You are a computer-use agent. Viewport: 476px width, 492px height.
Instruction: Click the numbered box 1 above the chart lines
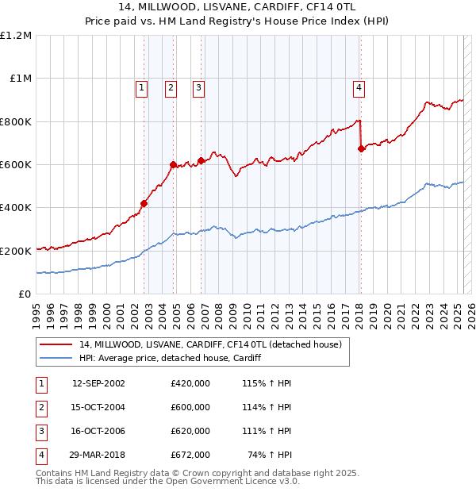[x=141, y=88]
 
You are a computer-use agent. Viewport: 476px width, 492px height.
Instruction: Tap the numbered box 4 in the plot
[x=359, y=88]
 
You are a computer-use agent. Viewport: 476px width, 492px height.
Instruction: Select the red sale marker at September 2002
[x=144, y=203]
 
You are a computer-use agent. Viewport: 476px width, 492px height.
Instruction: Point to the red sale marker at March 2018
[x=361, y=148]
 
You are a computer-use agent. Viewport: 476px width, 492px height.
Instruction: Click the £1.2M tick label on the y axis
[x=16, y=36]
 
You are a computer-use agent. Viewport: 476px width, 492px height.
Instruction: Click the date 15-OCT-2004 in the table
[x=98, y=407]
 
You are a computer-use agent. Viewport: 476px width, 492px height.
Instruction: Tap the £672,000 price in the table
[x=190, y=455]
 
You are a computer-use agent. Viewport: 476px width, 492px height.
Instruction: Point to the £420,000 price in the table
[x=190, y=383]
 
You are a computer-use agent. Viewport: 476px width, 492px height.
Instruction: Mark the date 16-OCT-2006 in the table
[x=98, y=431]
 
